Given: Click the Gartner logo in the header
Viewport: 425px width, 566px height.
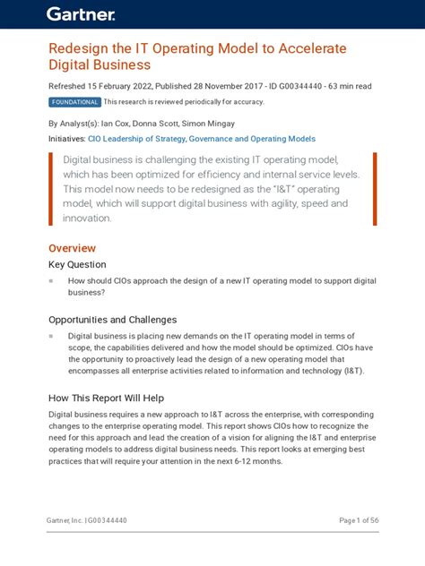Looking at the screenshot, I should click(x=82, y=13).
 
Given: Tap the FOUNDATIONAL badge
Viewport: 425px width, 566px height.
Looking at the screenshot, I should click(x=74, y=102).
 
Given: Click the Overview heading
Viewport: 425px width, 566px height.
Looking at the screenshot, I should click(x=72, y=248).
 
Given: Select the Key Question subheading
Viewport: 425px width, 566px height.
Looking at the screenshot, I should click(x=76, y=265).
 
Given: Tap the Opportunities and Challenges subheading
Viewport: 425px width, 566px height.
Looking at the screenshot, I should click(x=112, y=320).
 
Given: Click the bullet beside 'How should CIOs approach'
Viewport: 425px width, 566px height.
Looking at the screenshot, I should click(x=52, y=281).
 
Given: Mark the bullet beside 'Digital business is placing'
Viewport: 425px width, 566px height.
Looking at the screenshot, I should click(x=52, y=336).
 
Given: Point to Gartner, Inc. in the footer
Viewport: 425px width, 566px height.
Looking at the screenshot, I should click(x=65, y=520).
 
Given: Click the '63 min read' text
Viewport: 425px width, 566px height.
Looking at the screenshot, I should click(x=345, y=86).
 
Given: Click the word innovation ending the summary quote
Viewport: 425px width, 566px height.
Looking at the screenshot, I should click(x=87, y=218).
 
